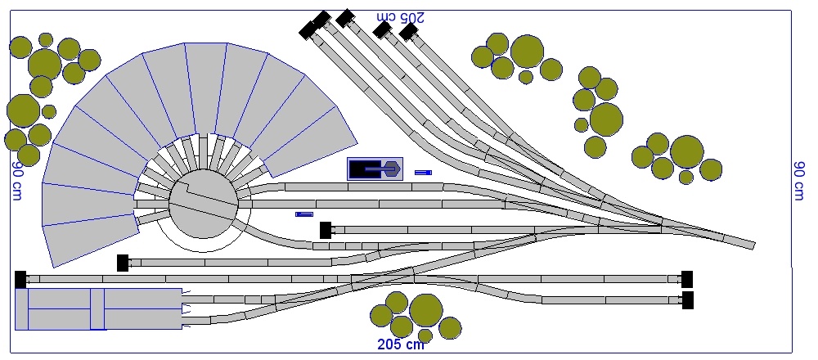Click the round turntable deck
point(203,205)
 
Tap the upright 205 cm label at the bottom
point(401,344)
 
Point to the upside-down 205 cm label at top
point(401,16)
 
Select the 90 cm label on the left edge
point(16,180)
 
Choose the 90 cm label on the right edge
point(800,180)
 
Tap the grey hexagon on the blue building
point(392,169)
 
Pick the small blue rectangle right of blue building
point(423,173)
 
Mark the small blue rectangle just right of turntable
point(304,214)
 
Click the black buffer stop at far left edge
point(20,279)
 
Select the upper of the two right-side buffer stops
point(687,279)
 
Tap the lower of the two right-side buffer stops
point(688,300)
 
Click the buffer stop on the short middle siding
point(326,230)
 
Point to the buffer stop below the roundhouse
point(123,263)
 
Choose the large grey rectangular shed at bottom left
point(98,308)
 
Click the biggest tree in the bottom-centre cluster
point(425,310)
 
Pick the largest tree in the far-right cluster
point(687,151)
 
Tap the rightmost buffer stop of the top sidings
point(408,32)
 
